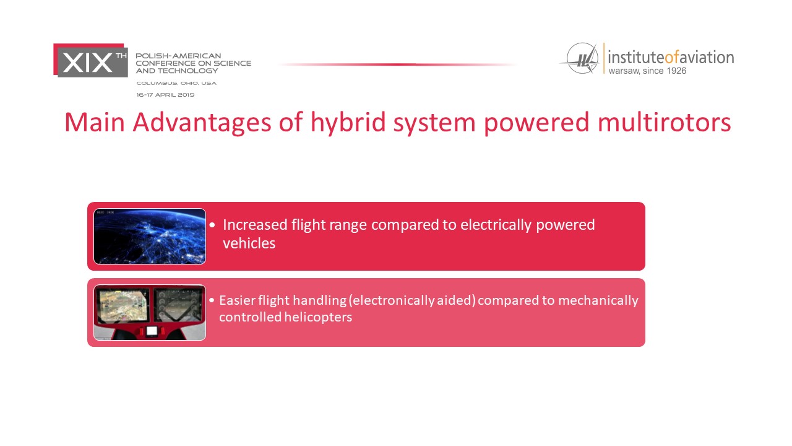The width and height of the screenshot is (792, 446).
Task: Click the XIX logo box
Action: tap(90, 60)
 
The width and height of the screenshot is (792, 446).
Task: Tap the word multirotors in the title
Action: tap(664, 123)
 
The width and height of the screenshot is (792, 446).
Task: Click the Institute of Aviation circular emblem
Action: tap(582, 58)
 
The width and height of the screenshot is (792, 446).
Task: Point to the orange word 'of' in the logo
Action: tap(672, 58)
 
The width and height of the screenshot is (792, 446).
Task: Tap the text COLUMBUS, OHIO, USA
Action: tap(176, 83)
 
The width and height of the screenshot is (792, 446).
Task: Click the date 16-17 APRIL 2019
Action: tap(165, 95)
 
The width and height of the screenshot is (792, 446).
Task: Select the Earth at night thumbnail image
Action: tap(150, 236)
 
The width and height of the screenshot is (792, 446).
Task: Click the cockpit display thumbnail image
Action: tap(150, 312)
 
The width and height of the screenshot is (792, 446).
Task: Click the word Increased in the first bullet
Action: tap(255, 225)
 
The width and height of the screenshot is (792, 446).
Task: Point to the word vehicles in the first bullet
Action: tap(249, 243)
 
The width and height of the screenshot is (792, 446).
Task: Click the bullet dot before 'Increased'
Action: tap(212, 225)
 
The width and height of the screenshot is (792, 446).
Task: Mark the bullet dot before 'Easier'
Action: tap(212, 300)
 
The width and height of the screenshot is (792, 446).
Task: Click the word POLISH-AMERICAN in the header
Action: tap(179, 56)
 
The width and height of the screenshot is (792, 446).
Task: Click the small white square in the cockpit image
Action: tap(152, 331)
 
